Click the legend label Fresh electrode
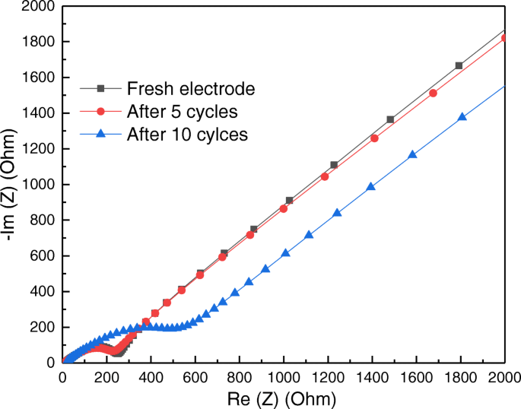click(191, 88)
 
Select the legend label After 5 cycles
click(183, 112)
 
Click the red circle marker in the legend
click(100, 112)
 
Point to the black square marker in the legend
click(100, 88)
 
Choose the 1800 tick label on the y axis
click(37, 42)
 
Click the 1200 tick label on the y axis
click(37, 149)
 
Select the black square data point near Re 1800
click(459, 65)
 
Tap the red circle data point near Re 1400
click(374, 138)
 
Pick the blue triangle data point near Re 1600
click(412, 155)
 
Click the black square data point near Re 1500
click(390, 119)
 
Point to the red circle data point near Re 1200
click(325, 176)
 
